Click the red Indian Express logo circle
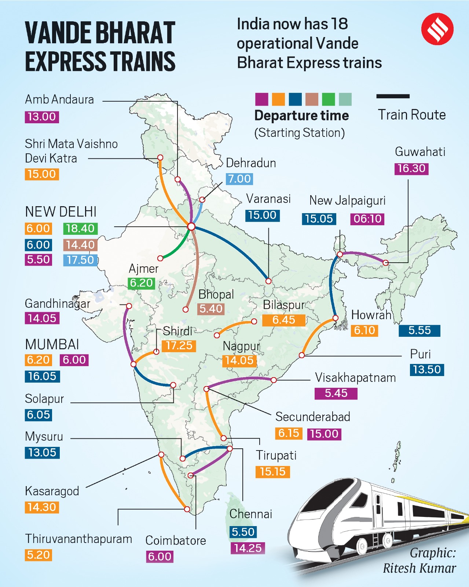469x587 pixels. (x=437, y=29)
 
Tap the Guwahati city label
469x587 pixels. (x=420, y=152)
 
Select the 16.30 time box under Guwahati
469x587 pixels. (x=411, y=168)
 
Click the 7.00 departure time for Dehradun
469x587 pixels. (x=239, y=179)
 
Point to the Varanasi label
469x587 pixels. (x=268, y=199)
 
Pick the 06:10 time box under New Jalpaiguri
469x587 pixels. (x=367, y=219)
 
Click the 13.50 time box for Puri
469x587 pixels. (x=427, y=369)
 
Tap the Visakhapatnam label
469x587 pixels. (x=355, y=378)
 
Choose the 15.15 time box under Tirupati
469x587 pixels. (x=272, y=471)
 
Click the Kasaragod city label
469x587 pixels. (x=52, y=491)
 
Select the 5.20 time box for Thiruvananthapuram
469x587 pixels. (x=39, y=555)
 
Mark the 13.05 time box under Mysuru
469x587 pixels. (x=42, y=452)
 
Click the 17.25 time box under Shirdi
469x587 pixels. (x=179, y=346)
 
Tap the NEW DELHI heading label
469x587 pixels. (x=61, y=212)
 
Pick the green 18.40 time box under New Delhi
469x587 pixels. (x=80, y=228)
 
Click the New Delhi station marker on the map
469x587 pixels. (x=191, y=226)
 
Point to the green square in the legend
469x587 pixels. (x=328, y=99)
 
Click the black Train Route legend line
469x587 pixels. (x=393, y=96)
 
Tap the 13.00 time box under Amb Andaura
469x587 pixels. (x=42, y=117)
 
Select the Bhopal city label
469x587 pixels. (x=216, y=294)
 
